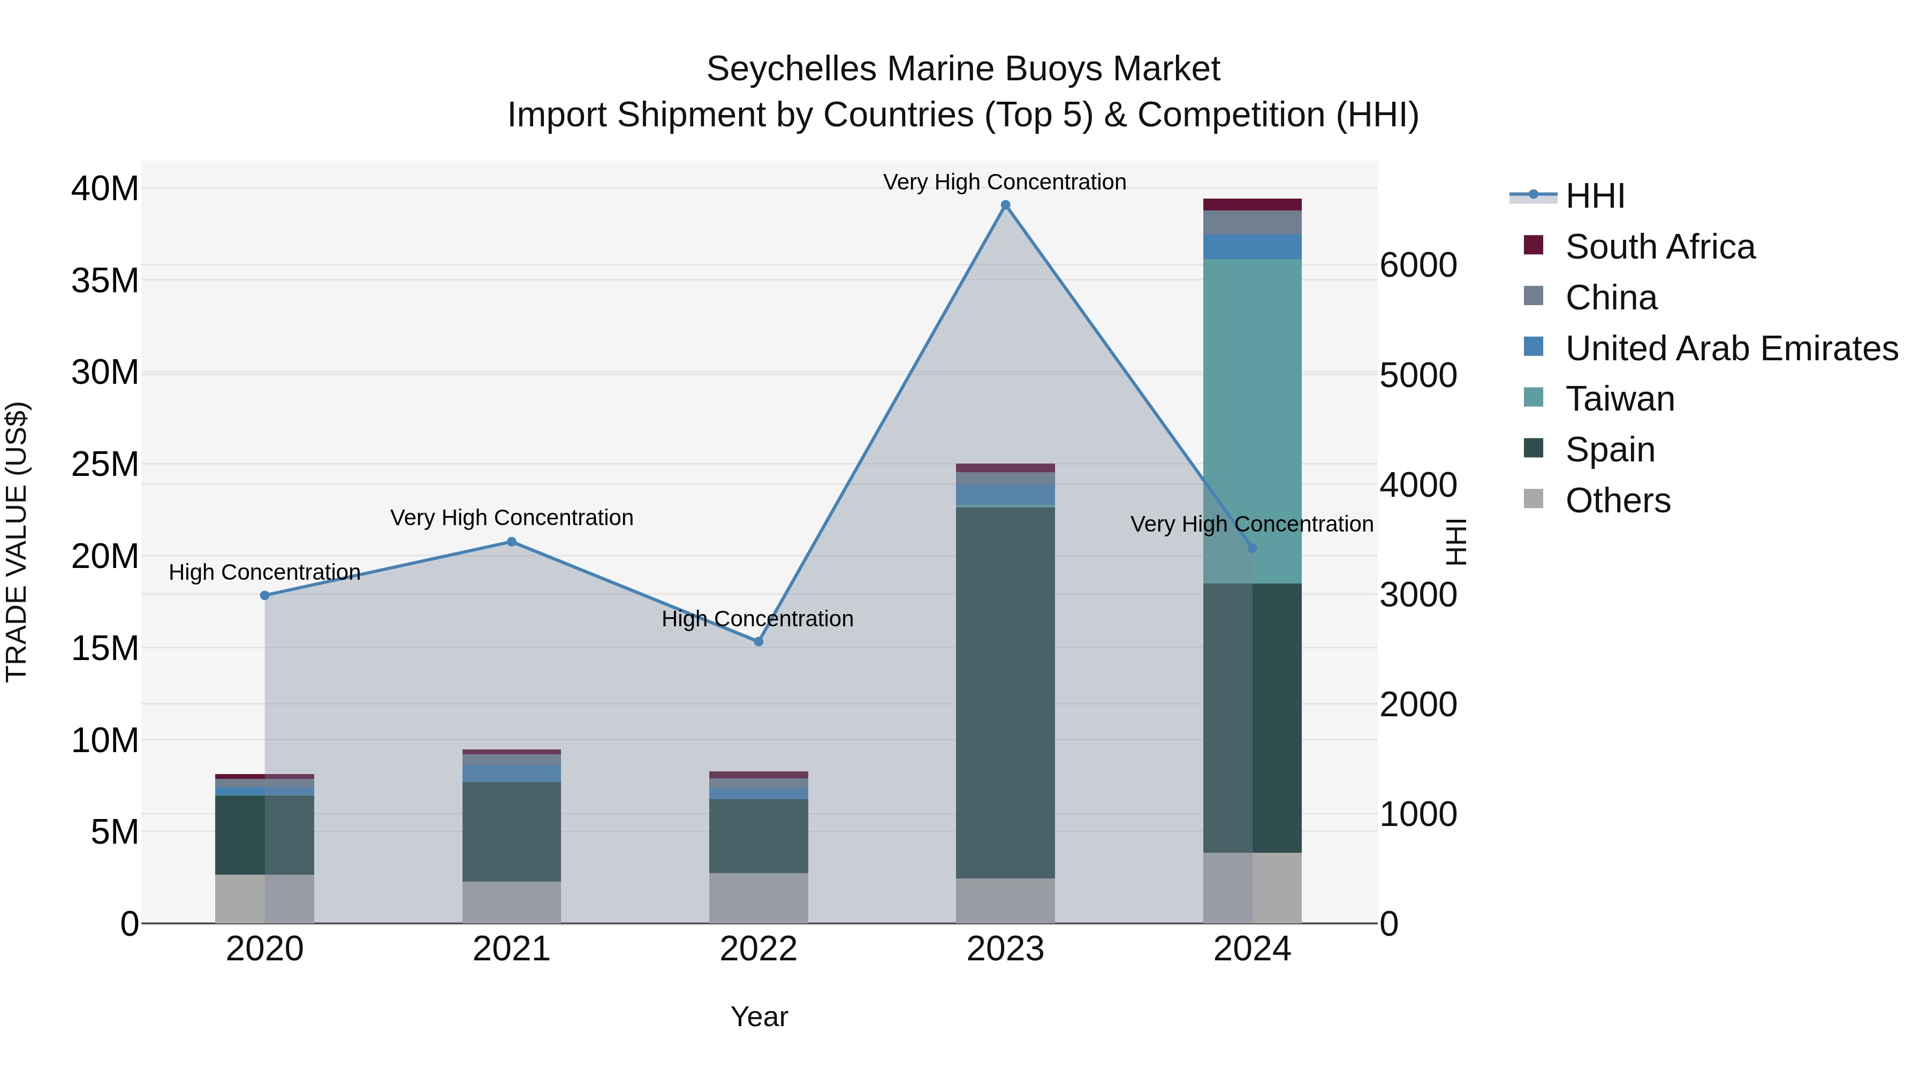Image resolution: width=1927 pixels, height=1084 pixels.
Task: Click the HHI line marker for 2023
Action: point(1005,205)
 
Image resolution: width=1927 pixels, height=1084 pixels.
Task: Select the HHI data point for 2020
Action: point(265,595)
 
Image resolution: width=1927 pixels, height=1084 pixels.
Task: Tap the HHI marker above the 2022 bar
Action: point(758,642)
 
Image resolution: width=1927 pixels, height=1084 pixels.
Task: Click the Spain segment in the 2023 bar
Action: point(1005,692)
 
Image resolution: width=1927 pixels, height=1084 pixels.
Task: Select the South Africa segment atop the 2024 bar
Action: point(1252,204)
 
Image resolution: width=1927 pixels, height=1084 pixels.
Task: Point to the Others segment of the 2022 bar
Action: point(758,898)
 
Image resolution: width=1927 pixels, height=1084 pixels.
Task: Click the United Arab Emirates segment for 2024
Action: point(1252,247)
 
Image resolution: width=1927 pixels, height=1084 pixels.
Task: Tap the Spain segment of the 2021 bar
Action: point(512,831)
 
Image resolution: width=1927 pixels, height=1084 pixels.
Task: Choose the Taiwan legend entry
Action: point(1620,399)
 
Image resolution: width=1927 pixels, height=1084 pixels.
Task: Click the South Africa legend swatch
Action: point(1534,245)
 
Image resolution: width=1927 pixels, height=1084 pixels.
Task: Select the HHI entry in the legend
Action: point(1595,196)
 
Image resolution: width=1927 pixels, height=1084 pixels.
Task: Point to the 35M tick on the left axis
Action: point(105,281)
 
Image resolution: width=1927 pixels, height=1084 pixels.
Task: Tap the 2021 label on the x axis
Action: point(512,949)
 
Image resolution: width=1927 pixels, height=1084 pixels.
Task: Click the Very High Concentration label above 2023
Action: point(1005,182)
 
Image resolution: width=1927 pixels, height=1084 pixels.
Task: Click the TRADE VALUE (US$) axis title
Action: point(17,542)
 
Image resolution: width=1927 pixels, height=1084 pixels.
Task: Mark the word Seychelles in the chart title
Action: point(791,69)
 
